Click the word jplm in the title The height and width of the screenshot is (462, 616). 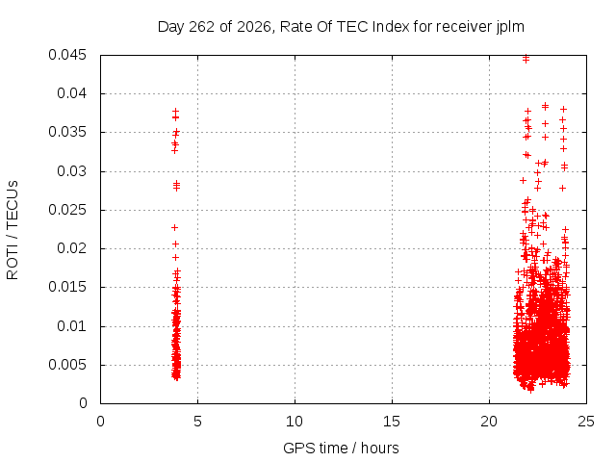(x=509, y=27)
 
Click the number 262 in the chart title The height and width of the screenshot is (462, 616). (x=201, y=27)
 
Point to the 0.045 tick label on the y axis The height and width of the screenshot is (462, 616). (x=67, y=55)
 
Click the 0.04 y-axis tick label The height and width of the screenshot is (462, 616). (x=71, y=93)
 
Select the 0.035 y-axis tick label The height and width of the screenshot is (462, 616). (x=67, y=132)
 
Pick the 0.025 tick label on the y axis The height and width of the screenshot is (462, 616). (x=67, y=210)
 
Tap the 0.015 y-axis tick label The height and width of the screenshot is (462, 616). (x=67, y=287)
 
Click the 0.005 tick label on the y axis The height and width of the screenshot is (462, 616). (x=67, y=365)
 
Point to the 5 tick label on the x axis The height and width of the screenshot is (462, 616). (x=197, y=422)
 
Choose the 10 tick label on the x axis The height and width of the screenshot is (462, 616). (x=295, y=422)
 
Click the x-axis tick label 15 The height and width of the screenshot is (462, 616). (x=392, y=422)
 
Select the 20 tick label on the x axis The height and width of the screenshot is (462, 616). (x=489, y=422)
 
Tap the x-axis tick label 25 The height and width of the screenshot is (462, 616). (x=586, y=422)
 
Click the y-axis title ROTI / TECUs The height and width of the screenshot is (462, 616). (x=13, y=230)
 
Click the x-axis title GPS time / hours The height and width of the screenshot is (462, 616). (x=341, y=449)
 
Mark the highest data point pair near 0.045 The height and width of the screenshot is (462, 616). (x=526, y=59)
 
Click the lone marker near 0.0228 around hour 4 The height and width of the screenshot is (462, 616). (x=175, y=227)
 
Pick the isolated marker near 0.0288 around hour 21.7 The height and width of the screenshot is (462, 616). (x=523, y=180)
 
